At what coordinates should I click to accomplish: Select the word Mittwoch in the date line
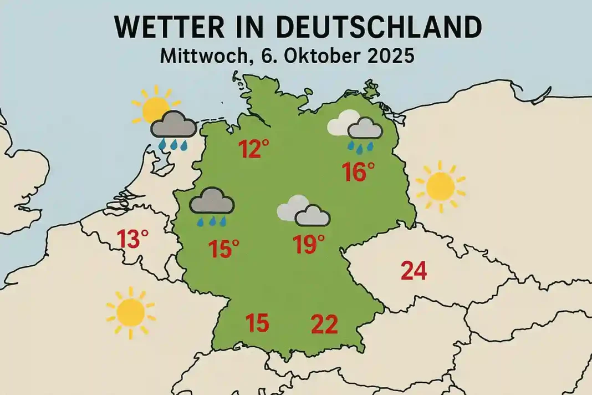(199, 56)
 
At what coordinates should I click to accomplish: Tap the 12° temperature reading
(254, 149)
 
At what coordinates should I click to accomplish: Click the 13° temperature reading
(133, 240)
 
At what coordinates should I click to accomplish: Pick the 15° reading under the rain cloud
(224, 249)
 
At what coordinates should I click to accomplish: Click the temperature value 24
(413, 271)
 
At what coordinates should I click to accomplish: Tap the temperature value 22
(324, 324)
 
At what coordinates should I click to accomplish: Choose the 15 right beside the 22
(257, 323)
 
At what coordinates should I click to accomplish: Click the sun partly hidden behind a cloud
(154, 105)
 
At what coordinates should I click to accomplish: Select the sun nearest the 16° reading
(441, 186)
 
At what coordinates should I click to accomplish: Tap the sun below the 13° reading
(131, 312)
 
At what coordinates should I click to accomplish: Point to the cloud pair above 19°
(304, 210)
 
